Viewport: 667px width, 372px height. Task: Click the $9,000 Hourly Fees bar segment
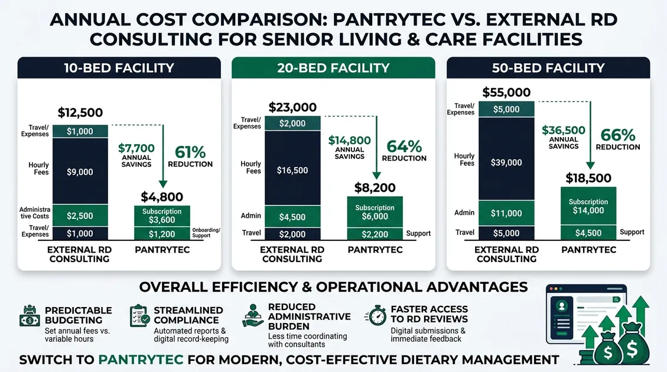pyautogui.click(x=80, y=171)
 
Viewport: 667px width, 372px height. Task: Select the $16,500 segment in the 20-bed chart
pyautogui.click(x=292, y=170)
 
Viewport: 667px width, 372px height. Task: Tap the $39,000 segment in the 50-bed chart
pyautogui.click(x=506, y=162)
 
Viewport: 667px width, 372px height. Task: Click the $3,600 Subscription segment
pyautogui.click(x=162, y=216)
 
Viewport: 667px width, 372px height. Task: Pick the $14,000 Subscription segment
pyautogui.click(x=588, y=206)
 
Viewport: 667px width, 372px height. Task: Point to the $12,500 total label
pyautogui.click(x=80, y=112)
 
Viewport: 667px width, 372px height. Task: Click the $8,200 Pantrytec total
pyautogui.click(x=375, y=187)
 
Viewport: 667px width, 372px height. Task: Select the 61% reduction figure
pyautogui.click(x=190, y=151)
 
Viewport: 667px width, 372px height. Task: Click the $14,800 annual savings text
pyautogui.click(x=349, y=141)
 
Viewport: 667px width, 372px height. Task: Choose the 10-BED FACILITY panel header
pyautogui.click(x=119, y=67)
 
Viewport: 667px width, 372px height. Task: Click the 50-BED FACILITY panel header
pyautogui.click(x=548, y=67)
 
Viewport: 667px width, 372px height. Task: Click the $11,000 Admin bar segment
pyautogui.click(x=506, y=213)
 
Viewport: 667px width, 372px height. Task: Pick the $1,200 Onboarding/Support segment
pyautogui.click(x=162, y=233)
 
